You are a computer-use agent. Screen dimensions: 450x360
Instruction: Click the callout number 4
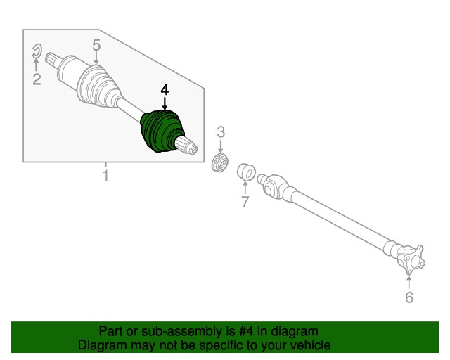[165, 90]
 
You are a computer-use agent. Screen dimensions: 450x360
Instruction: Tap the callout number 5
[96, 46]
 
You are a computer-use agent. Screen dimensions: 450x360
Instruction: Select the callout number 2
[37, 79]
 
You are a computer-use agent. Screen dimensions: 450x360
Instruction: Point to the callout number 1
[106, 175]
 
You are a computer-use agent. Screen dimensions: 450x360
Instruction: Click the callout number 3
[221, 132]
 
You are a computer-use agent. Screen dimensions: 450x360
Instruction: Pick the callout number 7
[245, 202]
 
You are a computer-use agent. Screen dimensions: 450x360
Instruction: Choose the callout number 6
[409, 297]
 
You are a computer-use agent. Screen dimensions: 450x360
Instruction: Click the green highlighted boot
[161, 131]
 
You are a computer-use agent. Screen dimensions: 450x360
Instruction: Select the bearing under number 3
[220, 163]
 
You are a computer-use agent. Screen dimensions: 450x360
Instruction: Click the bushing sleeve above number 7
[246, 172]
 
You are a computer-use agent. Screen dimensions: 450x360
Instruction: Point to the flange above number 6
[411, 260]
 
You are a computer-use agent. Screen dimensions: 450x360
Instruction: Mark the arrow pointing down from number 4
[165, 103]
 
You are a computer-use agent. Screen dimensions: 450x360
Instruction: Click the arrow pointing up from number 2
[36, 65]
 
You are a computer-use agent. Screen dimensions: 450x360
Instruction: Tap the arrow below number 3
[220, 146]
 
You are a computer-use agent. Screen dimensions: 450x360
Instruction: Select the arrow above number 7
[245, 187]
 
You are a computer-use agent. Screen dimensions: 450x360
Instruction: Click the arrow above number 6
[409, 282]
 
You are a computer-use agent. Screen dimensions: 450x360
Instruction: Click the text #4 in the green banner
[246, 331]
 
